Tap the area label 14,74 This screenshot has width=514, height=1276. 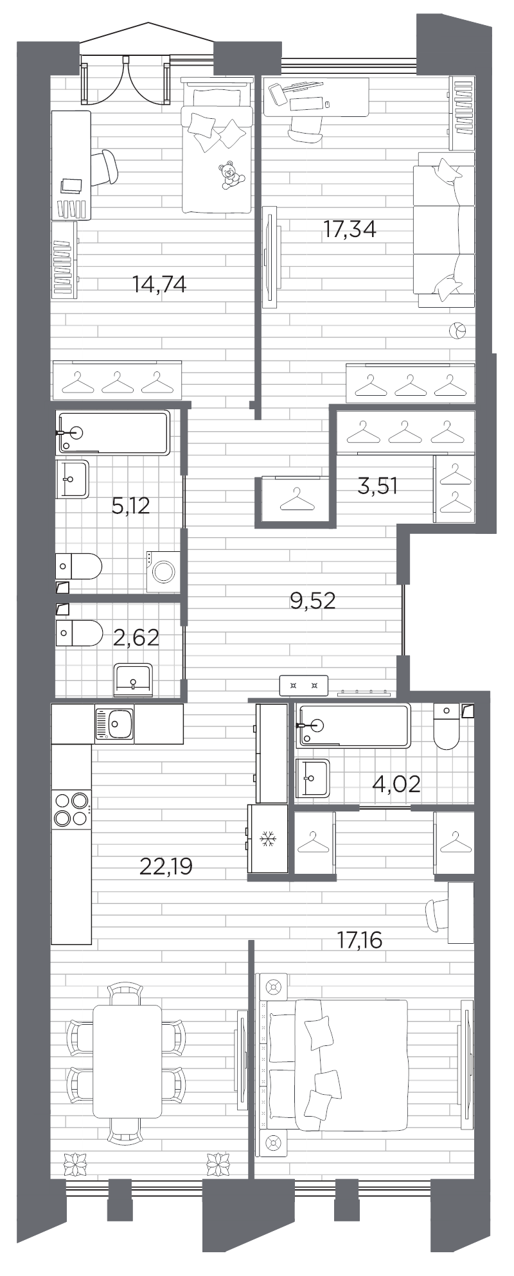tap(159, 284)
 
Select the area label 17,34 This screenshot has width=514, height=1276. tap(349, 229)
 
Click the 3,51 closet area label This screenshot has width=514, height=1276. tap(378, 486)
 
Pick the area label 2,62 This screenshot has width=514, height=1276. tap(136, 638)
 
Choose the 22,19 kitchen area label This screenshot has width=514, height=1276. tap(166, 868)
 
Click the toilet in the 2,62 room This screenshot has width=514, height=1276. tap(78, 632)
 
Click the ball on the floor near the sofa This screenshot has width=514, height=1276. tap(457, 332)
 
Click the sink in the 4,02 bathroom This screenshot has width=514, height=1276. tap(312, 779)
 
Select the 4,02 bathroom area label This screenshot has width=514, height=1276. tap(396, 784)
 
